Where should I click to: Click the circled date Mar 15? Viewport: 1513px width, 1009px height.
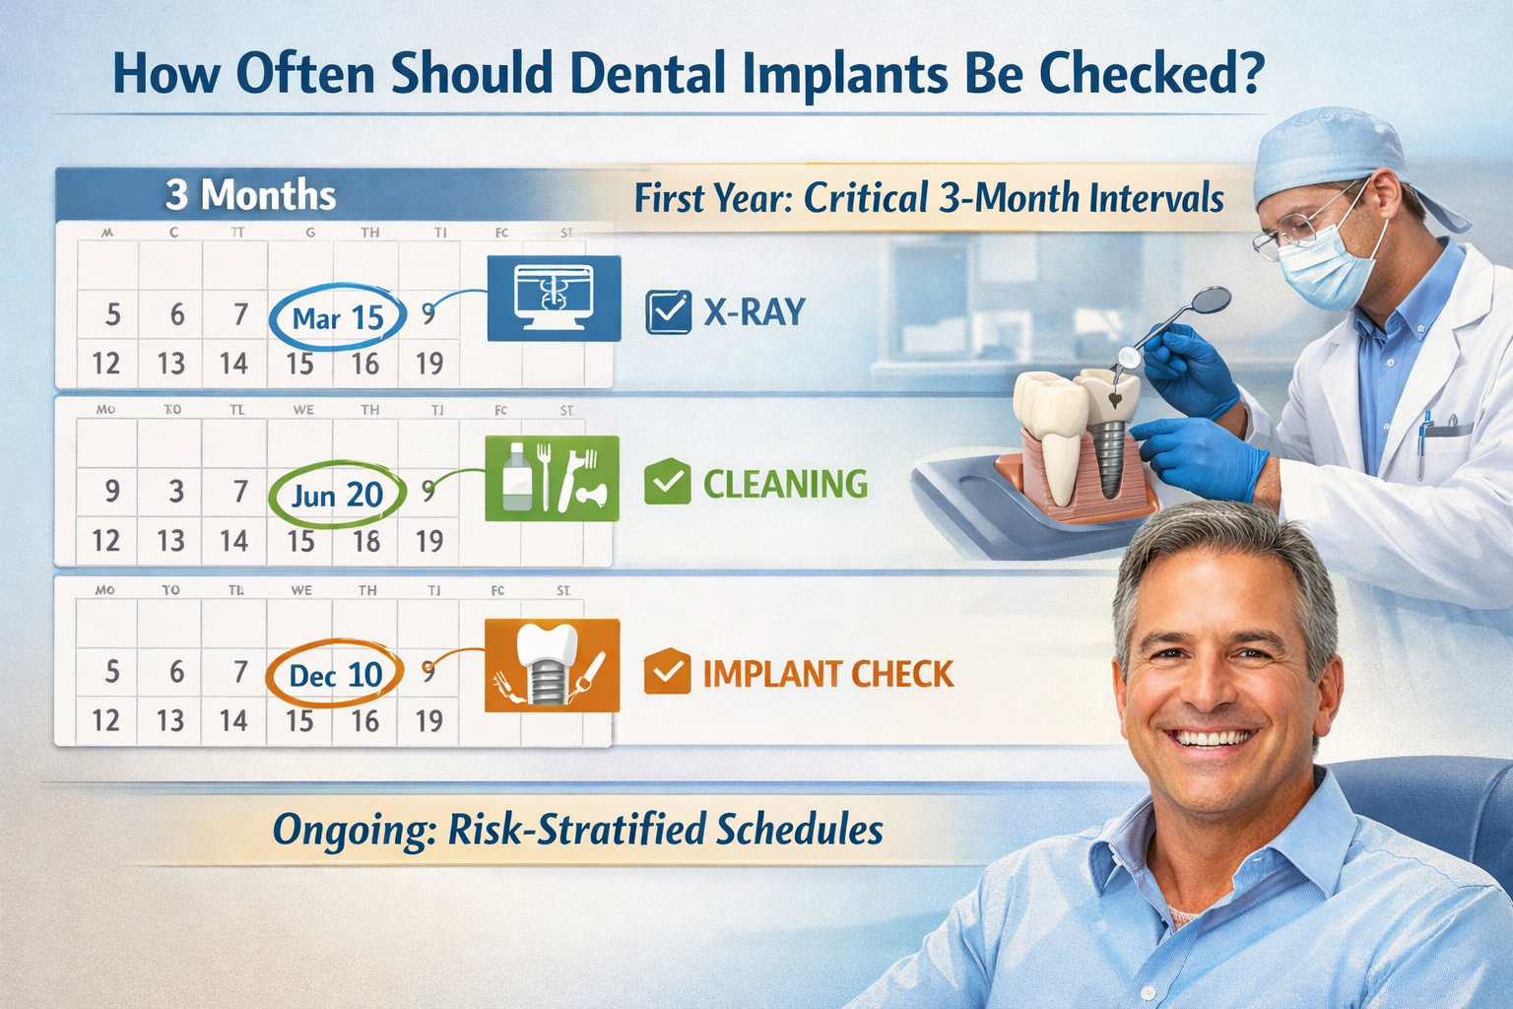(x=337, y=317)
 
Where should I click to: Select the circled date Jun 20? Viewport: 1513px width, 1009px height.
(x=337, y=494)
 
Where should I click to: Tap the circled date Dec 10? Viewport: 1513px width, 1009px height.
(x=335, y=675)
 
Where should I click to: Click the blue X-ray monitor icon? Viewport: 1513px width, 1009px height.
(x=554, y=298)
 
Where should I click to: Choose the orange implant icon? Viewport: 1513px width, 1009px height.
(x=552, y=664)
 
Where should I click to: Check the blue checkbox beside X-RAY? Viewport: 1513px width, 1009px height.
(x=668, y=312)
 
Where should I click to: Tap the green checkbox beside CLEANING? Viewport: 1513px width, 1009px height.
(x=667, y=483)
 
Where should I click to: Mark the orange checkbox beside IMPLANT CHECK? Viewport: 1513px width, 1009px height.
(x=667, y=673)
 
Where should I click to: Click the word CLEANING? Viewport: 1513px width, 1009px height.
(x=785, y=484)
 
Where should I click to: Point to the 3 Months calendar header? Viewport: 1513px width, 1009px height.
(x=250, y=195)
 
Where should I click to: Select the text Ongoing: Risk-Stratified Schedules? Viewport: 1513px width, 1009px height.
(x=577, y=830)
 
